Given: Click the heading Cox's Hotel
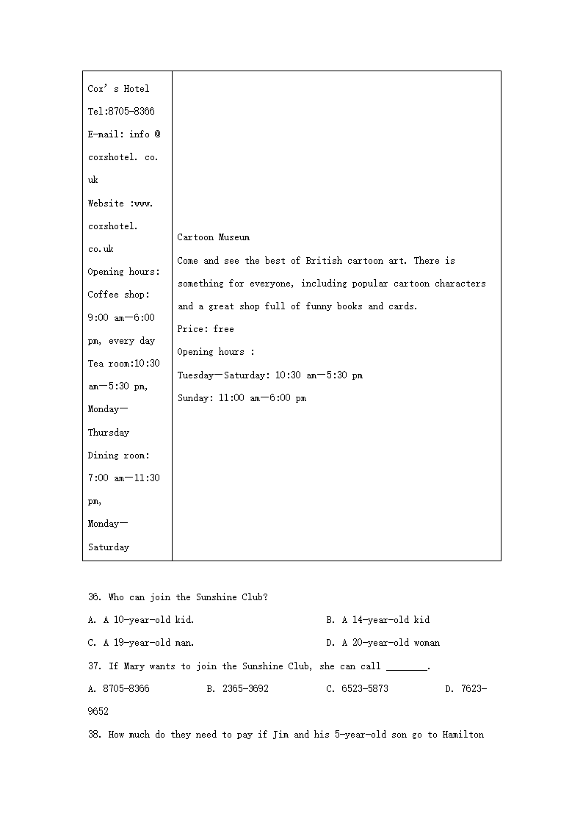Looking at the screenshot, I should click(118, 89).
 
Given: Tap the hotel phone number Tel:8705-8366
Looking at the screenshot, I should click(121, 112).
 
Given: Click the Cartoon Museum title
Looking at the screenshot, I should click(213, 237).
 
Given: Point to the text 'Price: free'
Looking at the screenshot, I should click(205, 329).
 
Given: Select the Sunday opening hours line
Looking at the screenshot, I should click(242, 398).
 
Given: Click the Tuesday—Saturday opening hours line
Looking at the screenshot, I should click(269, 375).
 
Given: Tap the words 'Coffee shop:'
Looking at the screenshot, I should click(118, 295).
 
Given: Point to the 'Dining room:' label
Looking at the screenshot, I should click(118, 455).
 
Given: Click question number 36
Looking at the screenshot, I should click(94, 597).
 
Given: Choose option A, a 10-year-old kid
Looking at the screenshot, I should click(141, 620).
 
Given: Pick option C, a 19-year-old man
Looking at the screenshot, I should click(141, 643).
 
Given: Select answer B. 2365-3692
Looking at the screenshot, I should click(237, 689).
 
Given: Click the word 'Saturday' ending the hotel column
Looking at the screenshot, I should click(109, 547).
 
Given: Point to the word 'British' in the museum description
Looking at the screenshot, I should click(324, 261).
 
